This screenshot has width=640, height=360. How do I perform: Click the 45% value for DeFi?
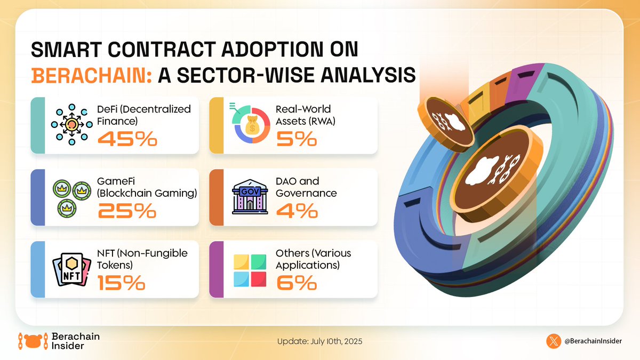[x=127, y=139]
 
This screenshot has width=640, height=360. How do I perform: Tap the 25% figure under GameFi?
[x=127, y=212]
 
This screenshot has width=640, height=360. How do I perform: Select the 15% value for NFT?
[x=121, y=283]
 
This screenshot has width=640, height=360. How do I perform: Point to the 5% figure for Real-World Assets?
[x=297, y=139]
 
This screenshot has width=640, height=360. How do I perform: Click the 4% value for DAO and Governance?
[x=297, y=212]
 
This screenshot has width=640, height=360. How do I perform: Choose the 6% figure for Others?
[x=297, y=283]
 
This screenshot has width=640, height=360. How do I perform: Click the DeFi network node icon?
[x=71, y=124]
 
